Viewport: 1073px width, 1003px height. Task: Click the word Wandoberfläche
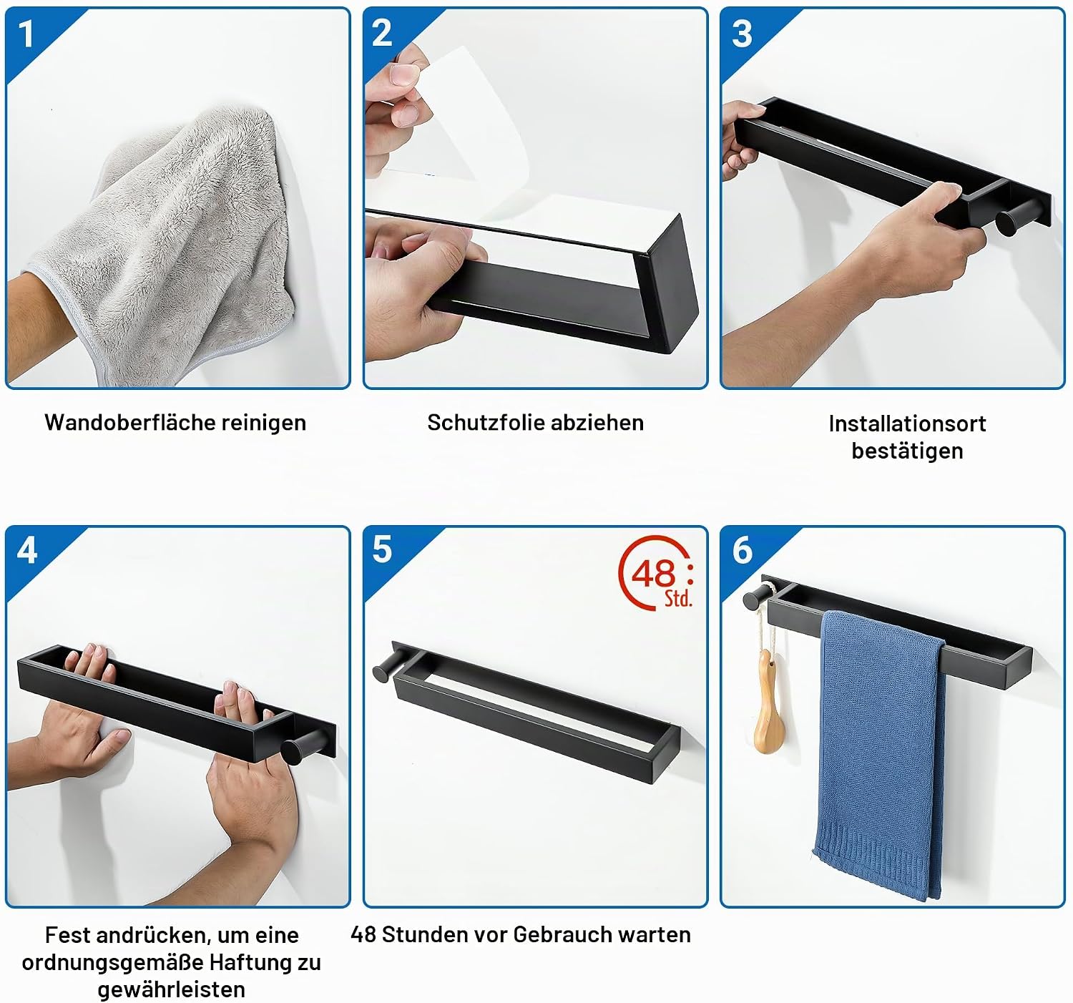click(130, 423)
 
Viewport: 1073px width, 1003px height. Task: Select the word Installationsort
click(908, 424)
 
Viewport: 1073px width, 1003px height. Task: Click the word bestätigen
click(908, 451)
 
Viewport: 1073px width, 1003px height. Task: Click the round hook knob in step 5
click(383, 672)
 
